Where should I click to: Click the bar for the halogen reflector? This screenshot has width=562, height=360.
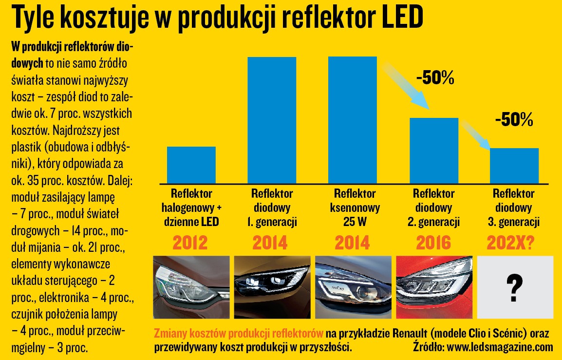pyautogui.click(x=191, y=165)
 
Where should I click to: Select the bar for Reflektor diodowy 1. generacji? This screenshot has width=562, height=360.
pyautogui.click(x=272, y=120)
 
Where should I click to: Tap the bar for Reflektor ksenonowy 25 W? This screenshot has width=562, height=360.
pyautogui.click(x=353, y=120)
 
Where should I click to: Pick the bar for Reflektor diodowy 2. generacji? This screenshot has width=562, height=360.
pyautogui.click(x=433, y=150)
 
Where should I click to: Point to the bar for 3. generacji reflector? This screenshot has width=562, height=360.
pyautogui.click(x=514, y=165)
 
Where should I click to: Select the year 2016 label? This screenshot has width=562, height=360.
pyautogui.click(x=433, y=242)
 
